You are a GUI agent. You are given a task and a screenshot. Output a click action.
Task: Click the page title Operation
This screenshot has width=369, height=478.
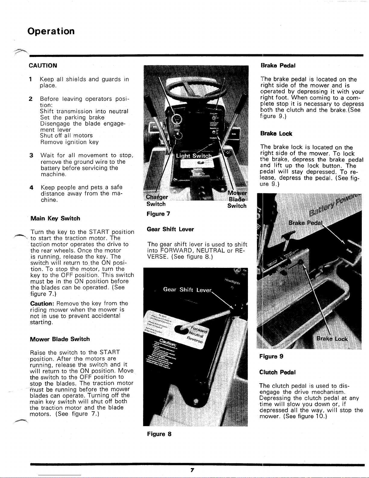[51, 31]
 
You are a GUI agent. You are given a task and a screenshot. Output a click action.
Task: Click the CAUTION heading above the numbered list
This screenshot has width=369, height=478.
[43, 65]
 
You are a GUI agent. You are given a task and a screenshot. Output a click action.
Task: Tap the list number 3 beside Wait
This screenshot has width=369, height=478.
[31, 156]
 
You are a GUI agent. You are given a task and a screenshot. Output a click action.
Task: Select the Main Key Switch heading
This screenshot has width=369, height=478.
[55, 218]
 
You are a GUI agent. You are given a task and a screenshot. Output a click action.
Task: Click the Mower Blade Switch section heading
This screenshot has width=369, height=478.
[60, 339]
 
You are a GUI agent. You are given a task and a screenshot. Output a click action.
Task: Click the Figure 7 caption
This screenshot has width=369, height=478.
[158, 214]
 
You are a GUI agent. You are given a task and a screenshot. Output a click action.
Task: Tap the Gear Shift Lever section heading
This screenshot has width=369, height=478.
[170, 229]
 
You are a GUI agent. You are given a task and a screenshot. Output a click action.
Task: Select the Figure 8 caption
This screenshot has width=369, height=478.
[159, 434]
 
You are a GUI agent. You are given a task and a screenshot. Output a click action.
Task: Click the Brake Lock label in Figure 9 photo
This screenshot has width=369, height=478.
[332, 339]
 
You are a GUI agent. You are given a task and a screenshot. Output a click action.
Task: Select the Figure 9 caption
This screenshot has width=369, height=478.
[271, 356]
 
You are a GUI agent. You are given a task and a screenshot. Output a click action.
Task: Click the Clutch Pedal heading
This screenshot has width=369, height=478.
[277, 372]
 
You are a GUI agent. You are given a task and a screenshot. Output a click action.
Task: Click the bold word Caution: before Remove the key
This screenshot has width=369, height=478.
[43, 303]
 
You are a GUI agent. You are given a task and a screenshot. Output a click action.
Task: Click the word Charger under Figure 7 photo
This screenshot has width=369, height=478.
[157, 197]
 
